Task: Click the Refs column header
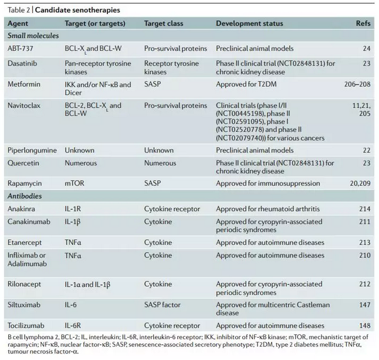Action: [363, 23]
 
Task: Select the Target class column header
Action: [164, 23]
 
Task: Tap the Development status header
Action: [249, 23]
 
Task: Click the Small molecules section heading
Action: [33, 36]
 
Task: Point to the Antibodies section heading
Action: [25, 196]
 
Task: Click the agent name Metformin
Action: [24, 84]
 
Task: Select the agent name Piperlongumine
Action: [32, 151]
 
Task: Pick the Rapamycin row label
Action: [25, 184]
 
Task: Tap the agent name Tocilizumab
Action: [26, 325]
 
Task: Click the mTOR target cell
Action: [75, 184]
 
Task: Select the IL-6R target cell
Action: [73, 325]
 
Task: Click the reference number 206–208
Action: [357, 84]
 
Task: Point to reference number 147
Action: [365, 305]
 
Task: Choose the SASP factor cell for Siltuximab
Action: [162, 305]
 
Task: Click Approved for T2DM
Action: [246, 84]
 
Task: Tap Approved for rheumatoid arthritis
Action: [268, 209]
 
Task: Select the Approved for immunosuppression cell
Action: [268, 184]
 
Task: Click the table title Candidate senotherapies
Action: [77, 10]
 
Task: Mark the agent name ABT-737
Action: [21, 49]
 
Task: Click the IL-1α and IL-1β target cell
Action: [87, 284]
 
